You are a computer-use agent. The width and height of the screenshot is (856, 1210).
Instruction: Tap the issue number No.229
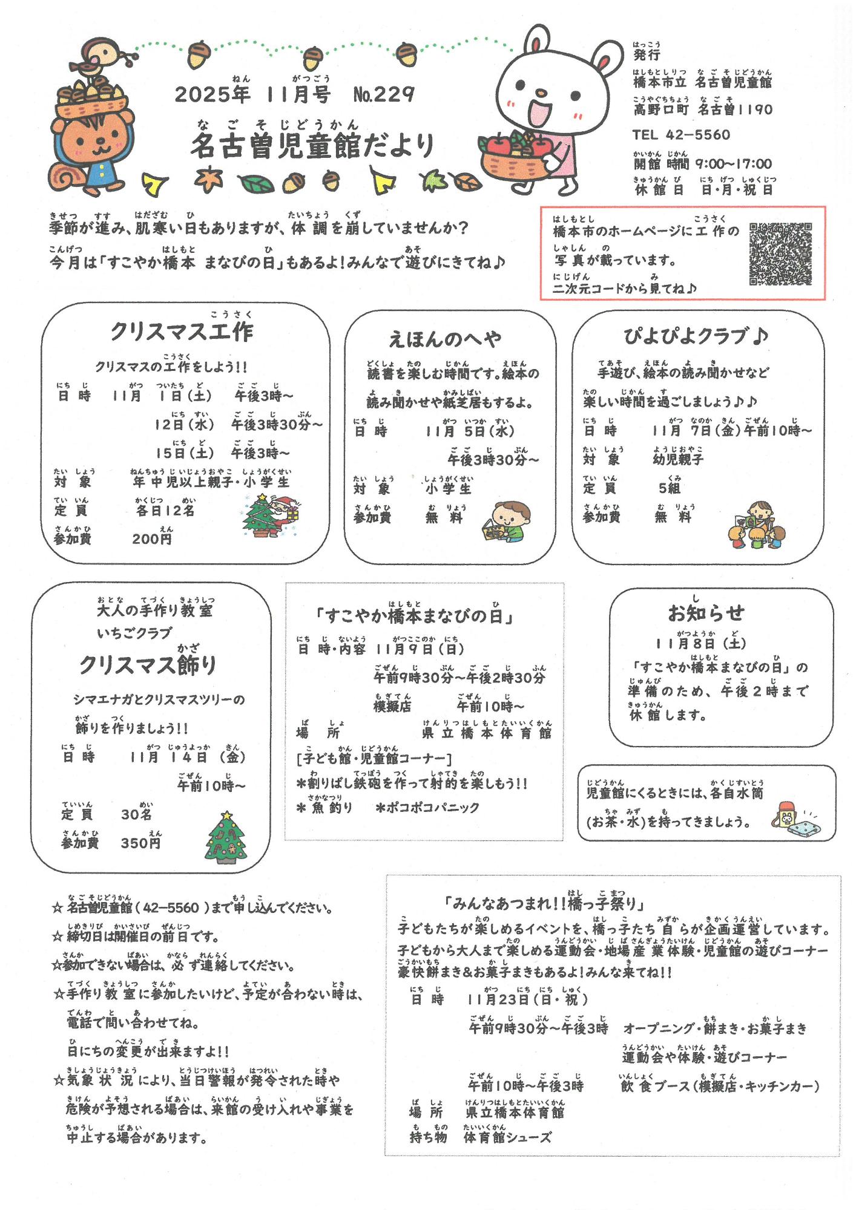pos(384,94)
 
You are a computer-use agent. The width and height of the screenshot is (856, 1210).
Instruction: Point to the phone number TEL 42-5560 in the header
pos(681,135)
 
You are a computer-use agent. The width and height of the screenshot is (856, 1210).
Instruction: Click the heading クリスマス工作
pos(182,332)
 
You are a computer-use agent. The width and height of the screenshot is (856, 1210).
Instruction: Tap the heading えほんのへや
pos(445,339)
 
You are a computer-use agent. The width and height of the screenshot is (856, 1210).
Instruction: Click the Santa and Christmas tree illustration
pos(272,515)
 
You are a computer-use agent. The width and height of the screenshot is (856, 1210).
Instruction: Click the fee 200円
pos(152,539)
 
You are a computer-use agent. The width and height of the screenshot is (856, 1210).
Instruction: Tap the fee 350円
pos(141,843)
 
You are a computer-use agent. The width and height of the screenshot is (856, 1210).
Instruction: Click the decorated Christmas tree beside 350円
pos(226,838)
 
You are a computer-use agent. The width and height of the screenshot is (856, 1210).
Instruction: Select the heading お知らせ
pos(706,613)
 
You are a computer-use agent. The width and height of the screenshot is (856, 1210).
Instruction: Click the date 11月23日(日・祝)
pos(527,999)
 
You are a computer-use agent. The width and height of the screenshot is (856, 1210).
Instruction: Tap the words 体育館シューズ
pos(507,1138)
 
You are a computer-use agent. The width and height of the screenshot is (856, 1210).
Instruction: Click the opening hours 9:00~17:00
pos(733,163)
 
